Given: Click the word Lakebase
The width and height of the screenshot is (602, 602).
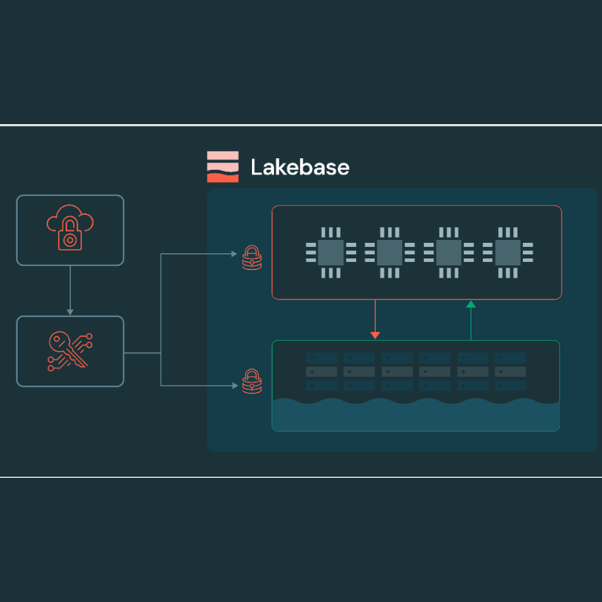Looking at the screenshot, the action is pyautogui.click(x=299, y=167).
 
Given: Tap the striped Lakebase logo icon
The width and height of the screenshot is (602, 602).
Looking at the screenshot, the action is pyautogui.click(x=223, y=166).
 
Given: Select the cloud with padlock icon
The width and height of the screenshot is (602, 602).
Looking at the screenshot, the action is pyautogui.click(x=70, y=228).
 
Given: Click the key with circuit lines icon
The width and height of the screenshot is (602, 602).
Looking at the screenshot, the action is pyautogui.click(x=70, y=351).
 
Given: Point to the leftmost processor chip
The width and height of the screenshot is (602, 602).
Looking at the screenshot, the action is pyautogui.click(x=330, y=253).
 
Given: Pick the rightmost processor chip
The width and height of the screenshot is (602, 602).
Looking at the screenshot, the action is pyautogui.click(x=507, y=253).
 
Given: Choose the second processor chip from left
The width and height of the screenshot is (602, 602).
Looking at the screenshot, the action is pyautogui.click(x=389, y=253).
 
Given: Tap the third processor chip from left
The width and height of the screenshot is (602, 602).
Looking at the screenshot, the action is pyautogui.click(x=448, y=253).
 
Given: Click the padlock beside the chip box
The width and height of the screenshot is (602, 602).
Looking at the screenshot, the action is pyautogui.click(x=252, y=257).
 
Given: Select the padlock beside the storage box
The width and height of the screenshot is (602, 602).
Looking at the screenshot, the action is pyautogui.click(x=252, y=382).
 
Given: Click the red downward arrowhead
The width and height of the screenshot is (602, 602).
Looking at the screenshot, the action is pyautogui.click(x=375, y=336).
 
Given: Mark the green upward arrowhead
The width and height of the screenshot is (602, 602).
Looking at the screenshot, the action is pyautogui.click(x=471, y=305).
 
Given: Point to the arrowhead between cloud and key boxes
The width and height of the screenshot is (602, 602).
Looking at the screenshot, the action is pyautogui.click(x=70, y=312).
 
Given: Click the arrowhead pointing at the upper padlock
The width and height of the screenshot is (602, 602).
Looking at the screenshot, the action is pyautogui.click(x=234, y=254).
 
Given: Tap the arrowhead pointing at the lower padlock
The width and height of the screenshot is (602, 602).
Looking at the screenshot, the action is pyautogui.click(x=235, y=385).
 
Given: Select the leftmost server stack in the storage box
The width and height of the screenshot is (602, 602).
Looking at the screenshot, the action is pyautogui.click(x=321, y=372).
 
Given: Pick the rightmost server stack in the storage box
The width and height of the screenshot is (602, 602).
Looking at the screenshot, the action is pyautogui.click(x=510, y=372).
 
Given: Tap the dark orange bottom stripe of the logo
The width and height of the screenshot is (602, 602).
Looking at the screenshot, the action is pyautogui.click(x=223, y=178).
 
